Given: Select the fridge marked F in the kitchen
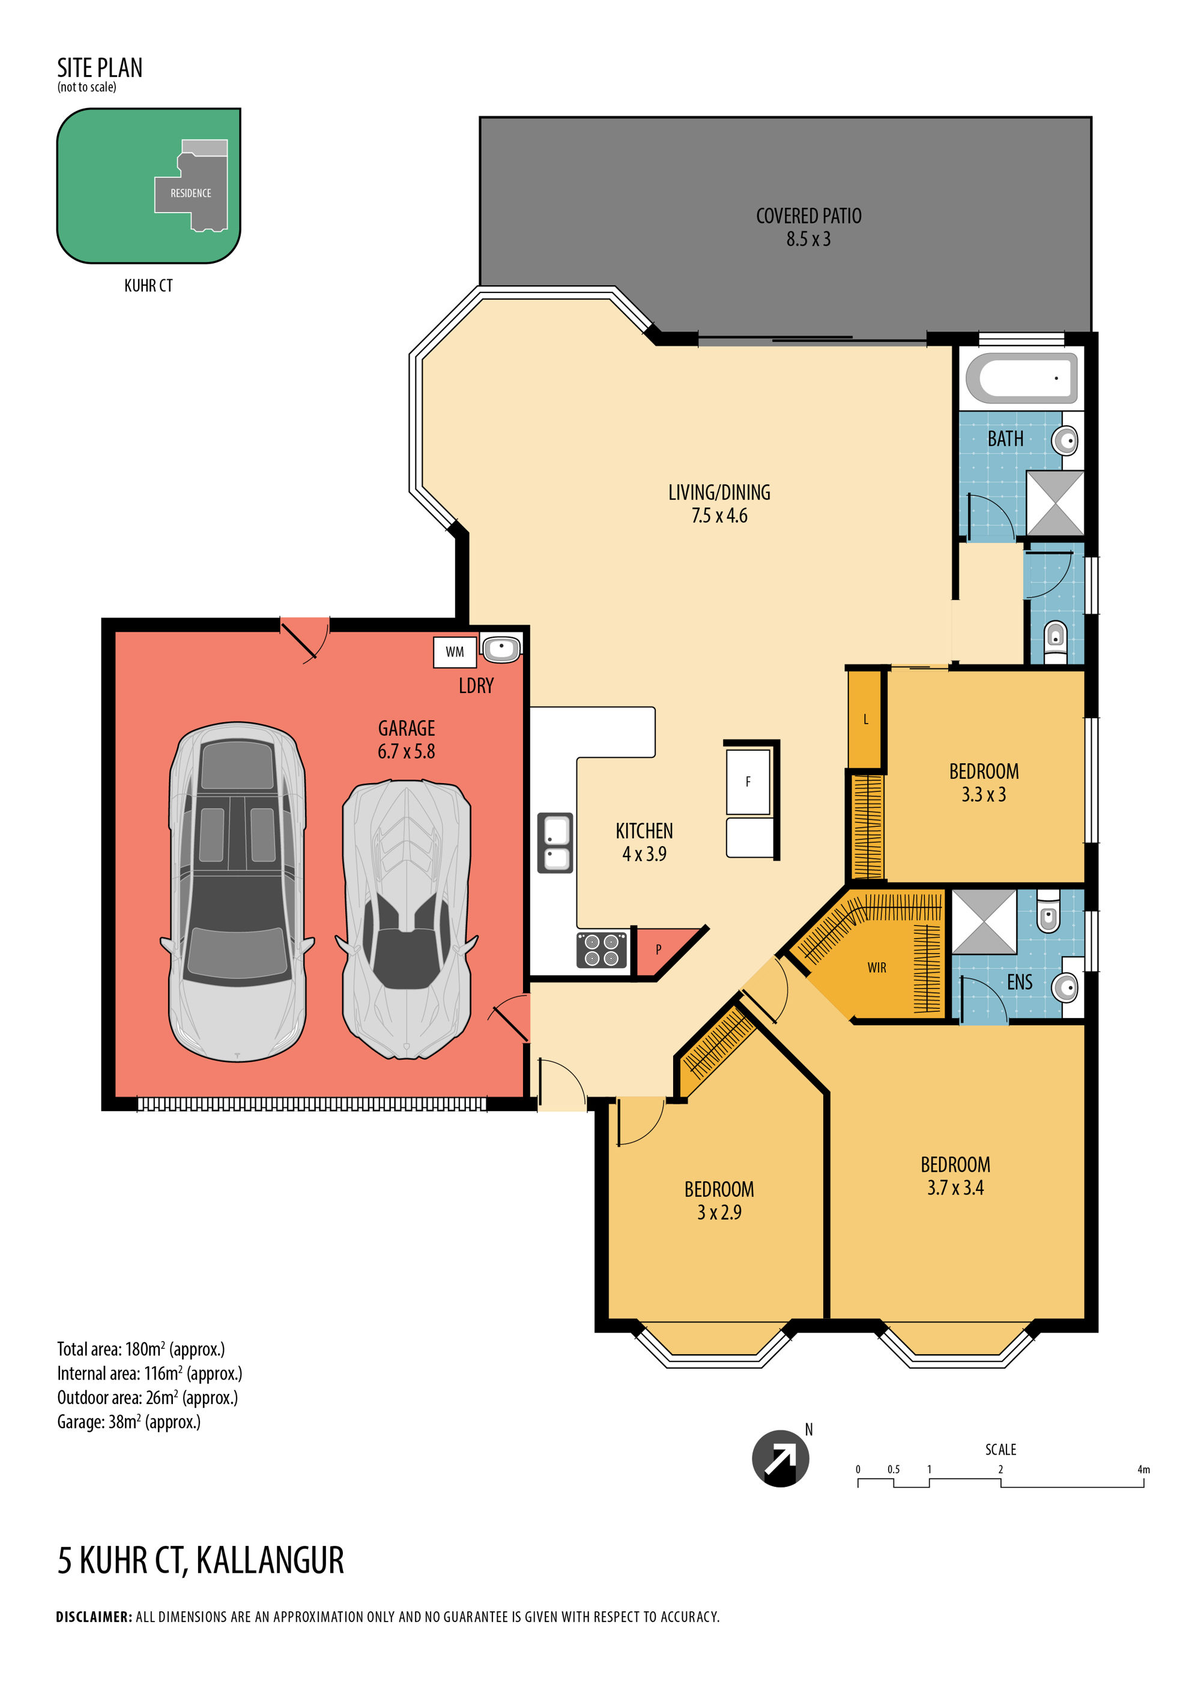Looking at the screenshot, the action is point(748,781).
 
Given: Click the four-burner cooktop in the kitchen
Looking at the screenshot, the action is point(602,950).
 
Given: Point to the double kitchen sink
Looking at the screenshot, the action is point(555,843).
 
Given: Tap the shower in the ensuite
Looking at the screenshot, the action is point(984,921).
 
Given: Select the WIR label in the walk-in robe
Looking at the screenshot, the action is point(877,968).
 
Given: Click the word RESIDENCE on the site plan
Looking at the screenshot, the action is point(191,193).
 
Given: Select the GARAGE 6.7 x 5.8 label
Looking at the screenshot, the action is point(407,739).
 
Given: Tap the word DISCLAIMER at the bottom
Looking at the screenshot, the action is point(94,1617).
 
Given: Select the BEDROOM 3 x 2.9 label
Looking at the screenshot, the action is point(719,1201).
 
